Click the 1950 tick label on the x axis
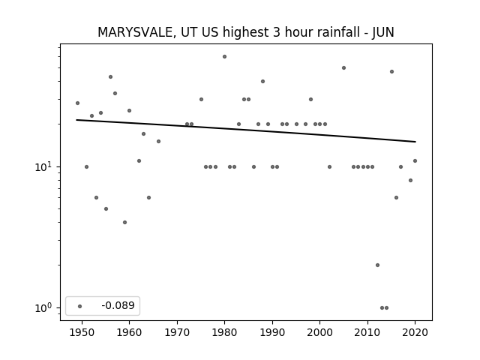(x=82, y=332)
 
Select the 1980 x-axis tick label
(x=225, y=332)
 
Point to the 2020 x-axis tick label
(x=415, y=332)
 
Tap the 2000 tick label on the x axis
(x=320, y=332)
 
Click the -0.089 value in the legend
(x=118, y=305)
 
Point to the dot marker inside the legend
(x=80, y=306)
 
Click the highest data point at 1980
(x=225, y=57)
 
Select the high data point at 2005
(x=343, y=68)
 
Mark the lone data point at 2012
(x=377, y=265)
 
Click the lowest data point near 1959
(x=125, y=222)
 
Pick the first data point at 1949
(x=77, y=103)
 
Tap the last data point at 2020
(x=415, y=160)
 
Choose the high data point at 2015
(x=391, y=72)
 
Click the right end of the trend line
(x=415, y=142)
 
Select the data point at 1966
(x=158, y=142)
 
